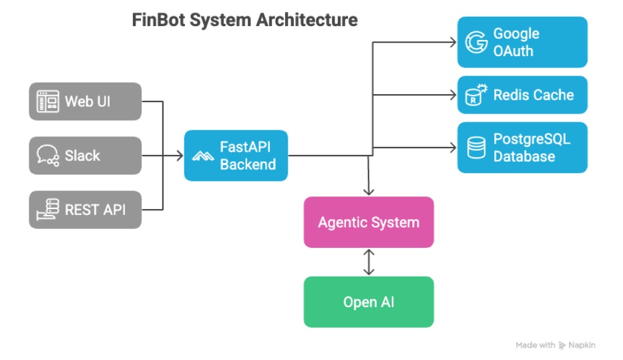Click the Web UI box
[x=85, y=102]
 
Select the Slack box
[x=85, y=156]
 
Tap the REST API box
[x=85, y=210]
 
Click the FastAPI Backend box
[x=236, y=156]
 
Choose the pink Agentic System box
[x=369, y=222]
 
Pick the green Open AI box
[x=369, y=302]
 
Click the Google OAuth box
[x=522, y=42]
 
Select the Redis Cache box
[x=522, y=95]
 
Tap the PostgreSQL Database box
[x=522, y=148]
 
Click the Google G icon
[x=476, y=42]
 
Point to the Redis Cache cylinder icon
[x=475, y=96]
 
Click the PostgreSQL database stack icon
[x=476, y=148]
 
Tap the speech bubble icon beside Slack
[x=47, y=156]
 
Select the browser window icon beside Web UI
[x=47, y=102]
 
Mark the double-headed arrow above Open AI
[x=369, y=262]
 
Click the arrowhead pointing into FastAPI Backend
[x=180, y=156]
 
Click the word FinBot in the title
[x=158, y=20]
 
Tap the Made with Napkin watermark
[x=555, y=345]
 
